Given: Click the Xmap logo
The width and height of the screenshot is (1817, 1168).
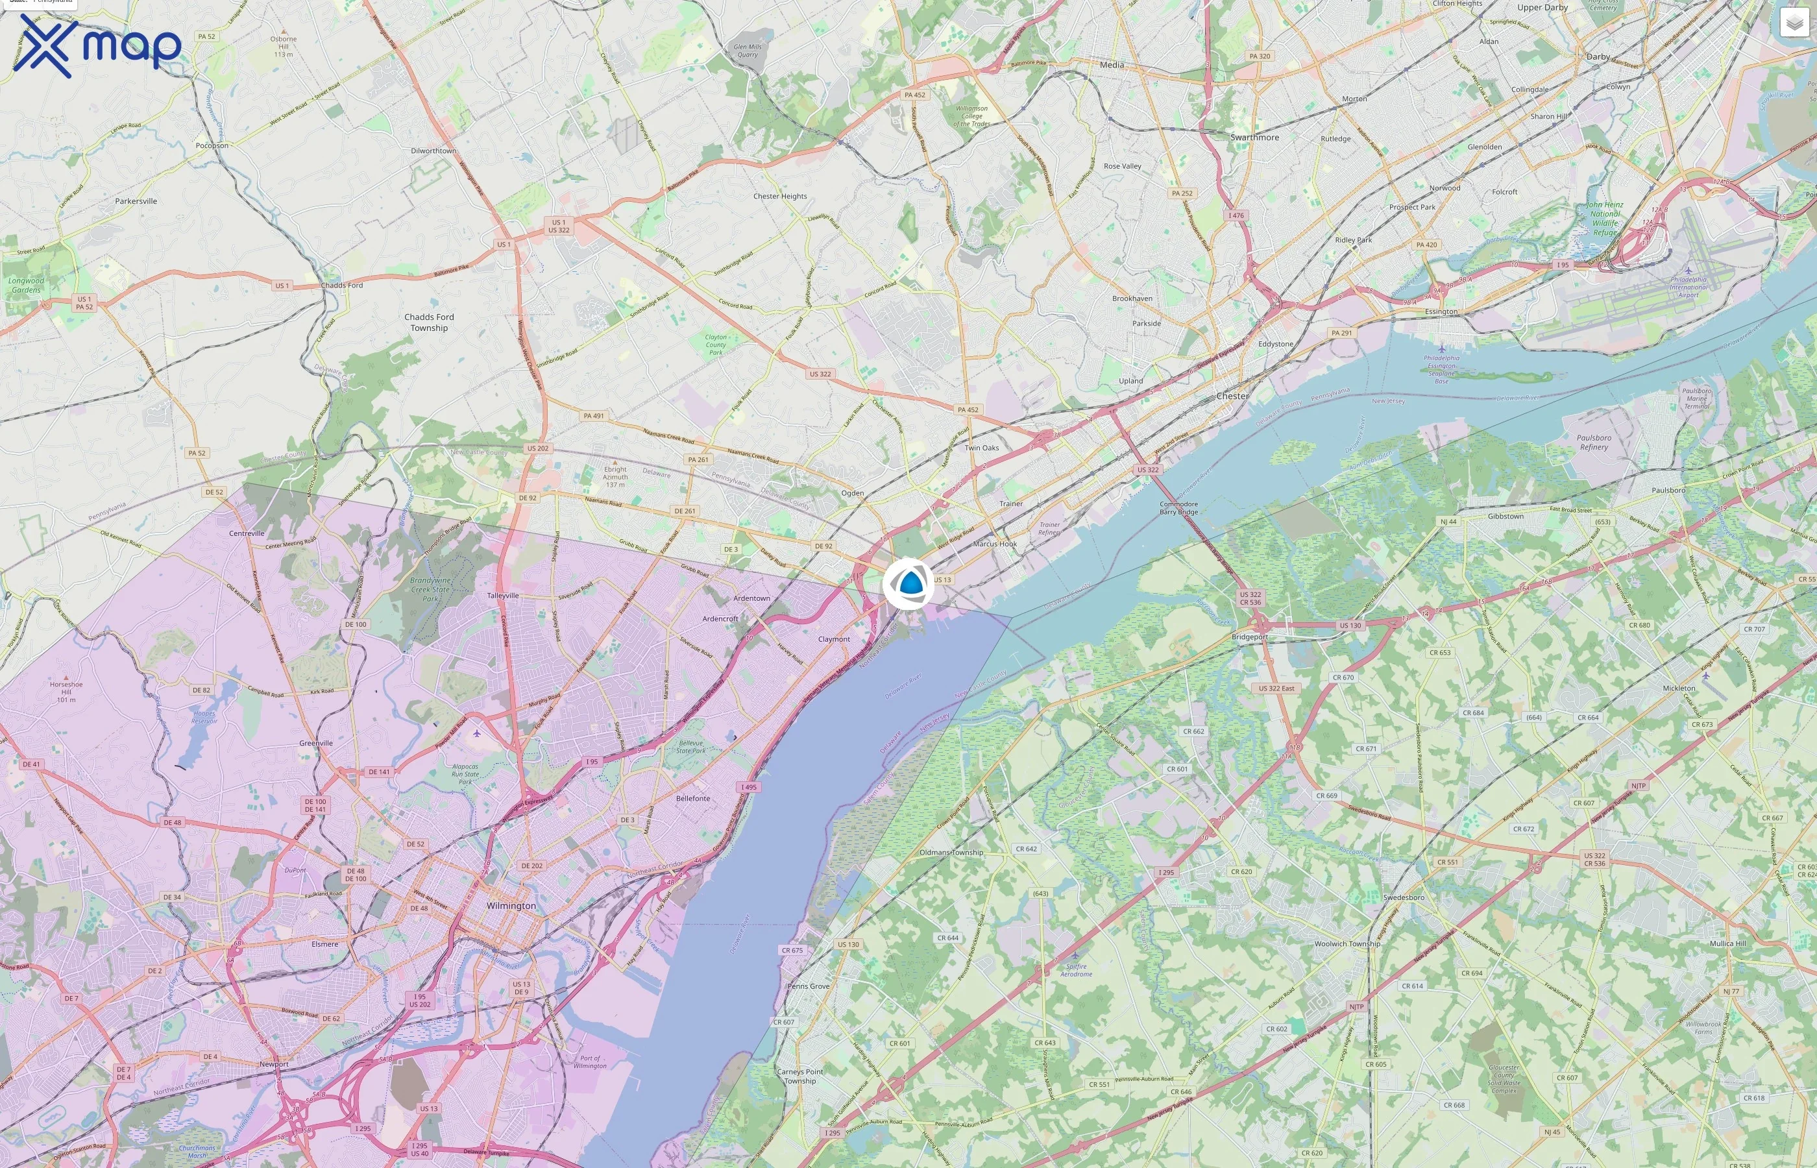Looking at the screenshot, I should tap(97, 45).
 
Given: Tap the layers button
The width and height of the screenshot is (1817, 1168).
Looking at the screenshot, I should tap(1794, 23).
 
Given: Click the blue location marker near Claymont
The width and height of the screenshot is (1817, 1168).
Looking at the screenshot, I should tap(908, 583).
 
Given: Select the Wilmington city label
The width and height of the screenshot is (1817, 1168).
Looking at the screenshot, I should tap(511, 906).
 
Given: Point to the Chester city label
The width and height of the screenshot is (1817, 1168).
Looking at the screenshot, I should tap(1232, 396).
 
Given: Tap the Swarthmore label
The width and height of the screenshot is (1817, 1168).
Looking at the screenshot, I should tap(1254, 138).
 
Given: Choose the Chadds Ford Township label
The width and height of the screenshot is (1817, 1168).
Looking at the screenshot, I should tap(429, 322).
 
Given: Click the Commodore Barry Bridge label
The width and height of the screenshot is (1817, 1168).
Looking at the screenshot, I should tap(1178, 508).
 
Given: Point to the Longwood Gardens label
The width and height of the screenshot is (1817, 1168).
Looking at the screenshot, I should tap(27, 285).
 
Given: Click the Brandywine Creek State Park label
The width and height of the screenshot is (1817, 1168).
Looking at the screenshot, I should tap(430, 589).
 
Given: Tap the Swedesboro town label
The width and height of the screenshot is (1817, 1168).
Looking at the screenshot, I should tap(1404, 897).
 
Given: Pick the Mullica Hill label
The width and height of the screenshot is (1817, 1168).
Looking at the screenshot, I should tap(1727, 943).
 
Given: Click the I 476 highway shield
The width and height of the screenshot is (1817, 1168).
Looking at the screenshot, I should tap(1236, 215).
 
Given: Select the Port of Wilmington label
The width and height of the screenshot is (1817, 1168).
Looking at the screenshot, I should tap(590, 1062).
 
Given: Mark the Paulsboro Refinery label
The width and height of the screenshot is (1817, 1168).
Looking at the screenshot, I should tap(1594, 442).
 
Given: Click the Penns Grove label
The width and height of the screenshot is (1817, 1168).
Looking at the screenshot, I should tap(809, 986).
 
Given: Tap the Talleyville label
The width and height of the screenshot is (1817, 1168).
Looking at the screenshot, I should tap(503, 596).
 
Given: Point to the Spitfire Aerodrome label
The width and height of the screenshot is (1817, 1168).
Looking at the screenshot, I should tap(1076, 970).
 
